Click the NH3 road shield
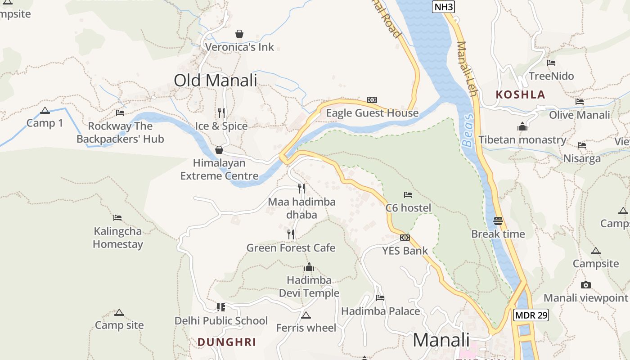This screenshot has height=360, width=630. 443,7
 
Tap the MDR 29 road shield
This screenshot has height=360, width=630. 531,315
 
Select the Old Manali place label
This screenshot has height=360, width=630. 215,81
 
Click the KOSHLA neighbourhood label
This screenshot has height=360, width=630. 520,95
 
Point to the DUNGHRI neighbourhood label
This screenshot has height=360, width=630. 227,342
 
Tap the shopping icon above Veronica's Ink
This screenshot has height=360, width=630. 239,34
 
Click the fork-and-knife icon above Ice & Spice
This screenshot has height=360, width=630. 221,112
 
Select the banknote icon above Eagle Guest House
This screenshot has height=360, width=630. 372,100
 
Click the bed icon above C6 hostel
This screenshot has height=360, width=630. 408,195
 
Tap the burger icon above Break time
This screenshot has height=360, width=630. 498,221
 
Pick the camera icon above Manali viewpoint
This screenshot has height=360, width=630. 585,285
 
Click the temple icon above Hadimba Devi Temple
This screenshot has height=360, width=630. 309,267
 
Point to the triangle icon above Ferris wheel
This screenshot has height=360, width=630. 306,315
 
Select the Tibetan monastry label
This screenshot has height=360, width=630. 522,140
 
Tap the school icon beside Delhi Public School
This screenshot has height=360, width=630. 220,307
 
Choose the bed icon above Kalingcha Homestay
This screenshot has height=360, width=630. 117,218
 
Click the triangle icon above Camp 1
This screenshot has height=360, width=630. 45,111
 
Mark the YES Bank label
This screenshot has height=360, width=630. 405,251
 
